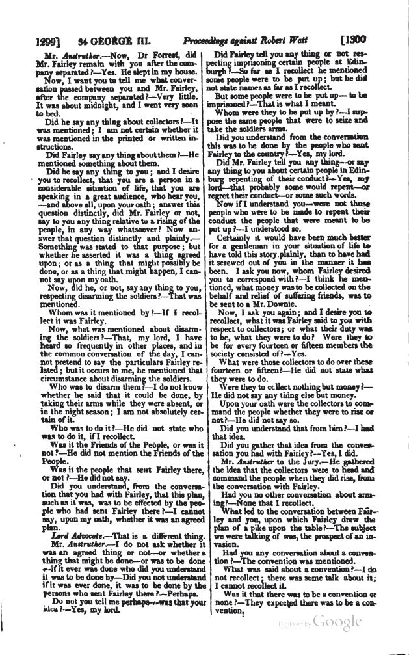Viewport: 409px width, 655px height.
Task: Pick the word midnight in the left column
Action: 90,104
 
